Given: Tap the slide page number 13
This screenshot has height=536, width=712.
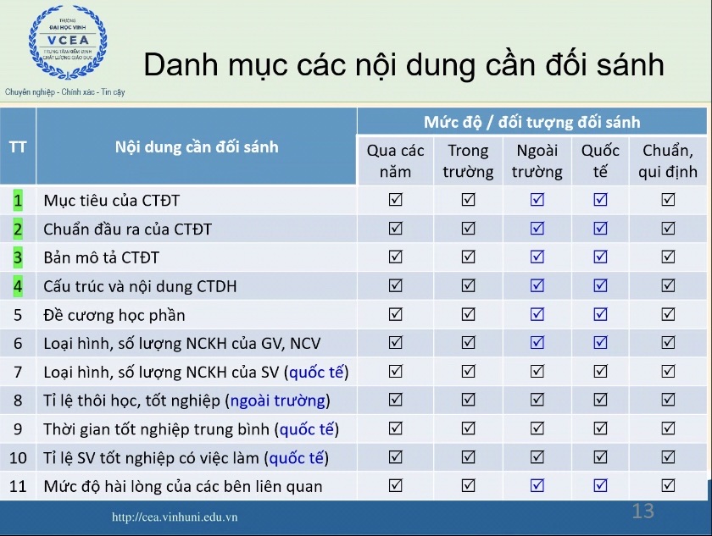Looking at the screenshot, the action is tap(643, 511).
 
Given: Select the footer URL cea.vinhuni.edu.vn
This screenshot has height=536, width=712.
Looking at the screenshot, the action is tap(175, 517).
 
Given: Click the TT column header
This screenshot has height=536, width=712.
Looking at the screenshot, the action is tap(18, 147).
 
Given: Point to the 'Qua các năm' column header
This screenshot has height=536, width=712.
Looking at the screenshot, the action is tap(395, 161).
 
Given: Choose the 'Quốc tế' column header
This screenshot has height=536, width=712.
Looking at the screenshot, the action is tap(600, 161).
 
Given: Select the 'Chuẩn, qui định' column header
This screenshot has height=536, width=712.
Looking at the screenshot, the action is tap(668, 161).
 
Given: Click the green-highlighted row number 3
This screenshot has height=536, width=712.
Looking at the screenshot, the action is tap(18, 257).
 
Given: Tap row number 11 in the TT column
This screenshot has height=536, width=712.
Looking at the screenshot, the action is tap(18, 486).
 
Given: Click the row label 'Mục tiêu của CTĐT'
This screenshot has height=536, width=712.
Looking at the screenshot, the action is tap(112, 201).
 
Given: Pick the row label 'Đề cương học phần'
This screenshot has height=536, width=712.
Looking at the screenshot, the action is tap(114, 315).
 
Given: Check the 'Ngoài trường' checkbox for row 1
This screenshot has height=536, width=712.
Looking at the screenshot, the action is tap(537, 200).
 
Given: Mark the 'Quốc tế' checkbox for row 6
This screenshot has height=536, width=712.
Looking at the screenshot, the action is tap(600, 342).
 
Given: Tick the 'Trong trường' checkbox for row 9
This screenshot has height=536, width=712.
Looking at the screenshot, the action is tap(468, 428).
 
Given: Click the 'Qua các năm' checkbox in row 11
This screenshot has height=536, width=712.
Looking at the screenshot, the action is tap(396, 485).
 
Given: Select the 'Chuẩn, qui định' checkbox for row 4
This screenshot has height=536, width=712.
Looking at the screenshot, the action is tap(668, 285).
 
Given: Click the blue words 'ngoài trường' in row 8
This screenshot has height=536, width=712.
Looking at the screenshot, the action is tap(278, 401).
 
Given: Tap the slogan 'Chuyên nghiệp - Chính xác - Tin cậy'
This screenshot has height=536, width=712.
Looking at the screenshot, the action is tap(65, 92).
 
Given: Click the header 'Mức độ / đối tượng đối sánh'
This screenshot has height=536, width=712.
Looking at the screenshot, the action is tap(531, 122).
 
